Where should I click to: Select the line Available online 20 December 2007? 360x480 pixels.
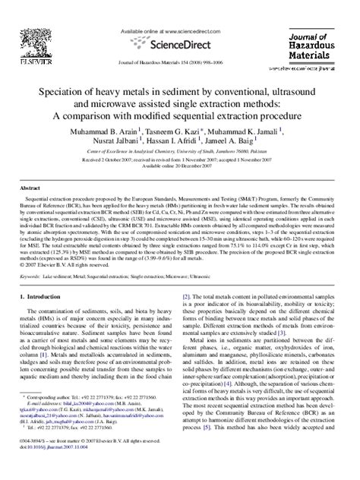180,168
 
